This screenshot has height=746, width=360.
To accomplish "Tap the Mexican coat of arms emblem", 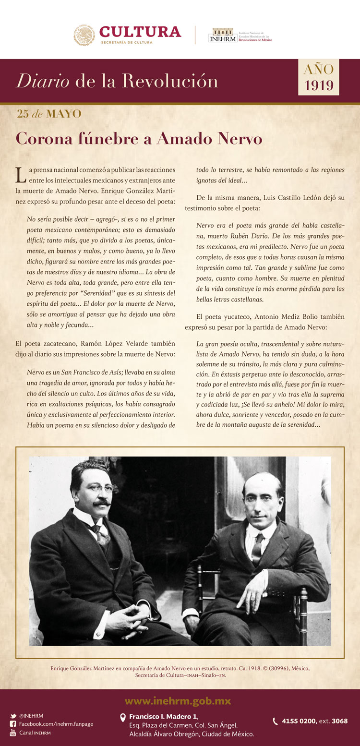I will click(x=84, y=36).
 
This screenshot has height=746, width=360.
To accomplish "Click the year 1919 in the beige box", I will click(x=319, y=85).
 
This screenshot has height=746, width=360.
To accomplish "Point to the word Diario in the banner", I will click(x=43, y=81).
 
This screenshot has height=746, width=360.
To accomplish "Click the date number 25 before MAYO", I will click(x=23, y=114).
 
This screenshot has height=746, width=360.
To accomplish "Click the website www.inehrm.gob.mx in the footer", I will click(x=180, y=701).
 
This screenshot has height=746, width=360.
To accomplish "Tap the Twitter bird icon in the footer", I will click(x=13, y=716).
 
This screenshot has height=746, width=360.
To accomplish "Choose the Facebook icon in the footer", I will click(x=13, y=724).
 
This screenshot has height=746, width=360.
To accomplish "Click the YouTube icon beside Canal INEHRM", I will click(x=13, y=733).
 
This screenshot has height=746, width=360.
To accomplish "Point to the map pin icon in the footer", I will click(x=123, y=718).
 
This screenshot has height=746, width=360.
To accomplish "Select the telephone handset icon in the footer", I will click(x=276, y=721).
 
